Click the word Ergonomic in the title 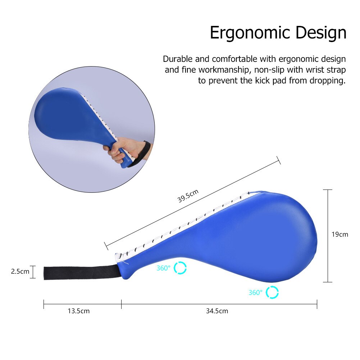[x=251, y=33]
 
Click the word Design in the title [x=321, y=33]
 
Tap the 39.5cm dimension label [x=188, y=196]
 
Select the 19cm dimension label [x=340, y=234]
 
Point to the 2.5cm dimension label [x=20, y=272]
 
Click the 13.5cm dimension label [x=78, y=311]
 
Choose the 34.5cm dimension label [x=217, y=311]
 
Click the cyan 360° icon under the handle [x=180, y=268]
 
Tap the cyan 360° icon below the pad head [x=272, y=292]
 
